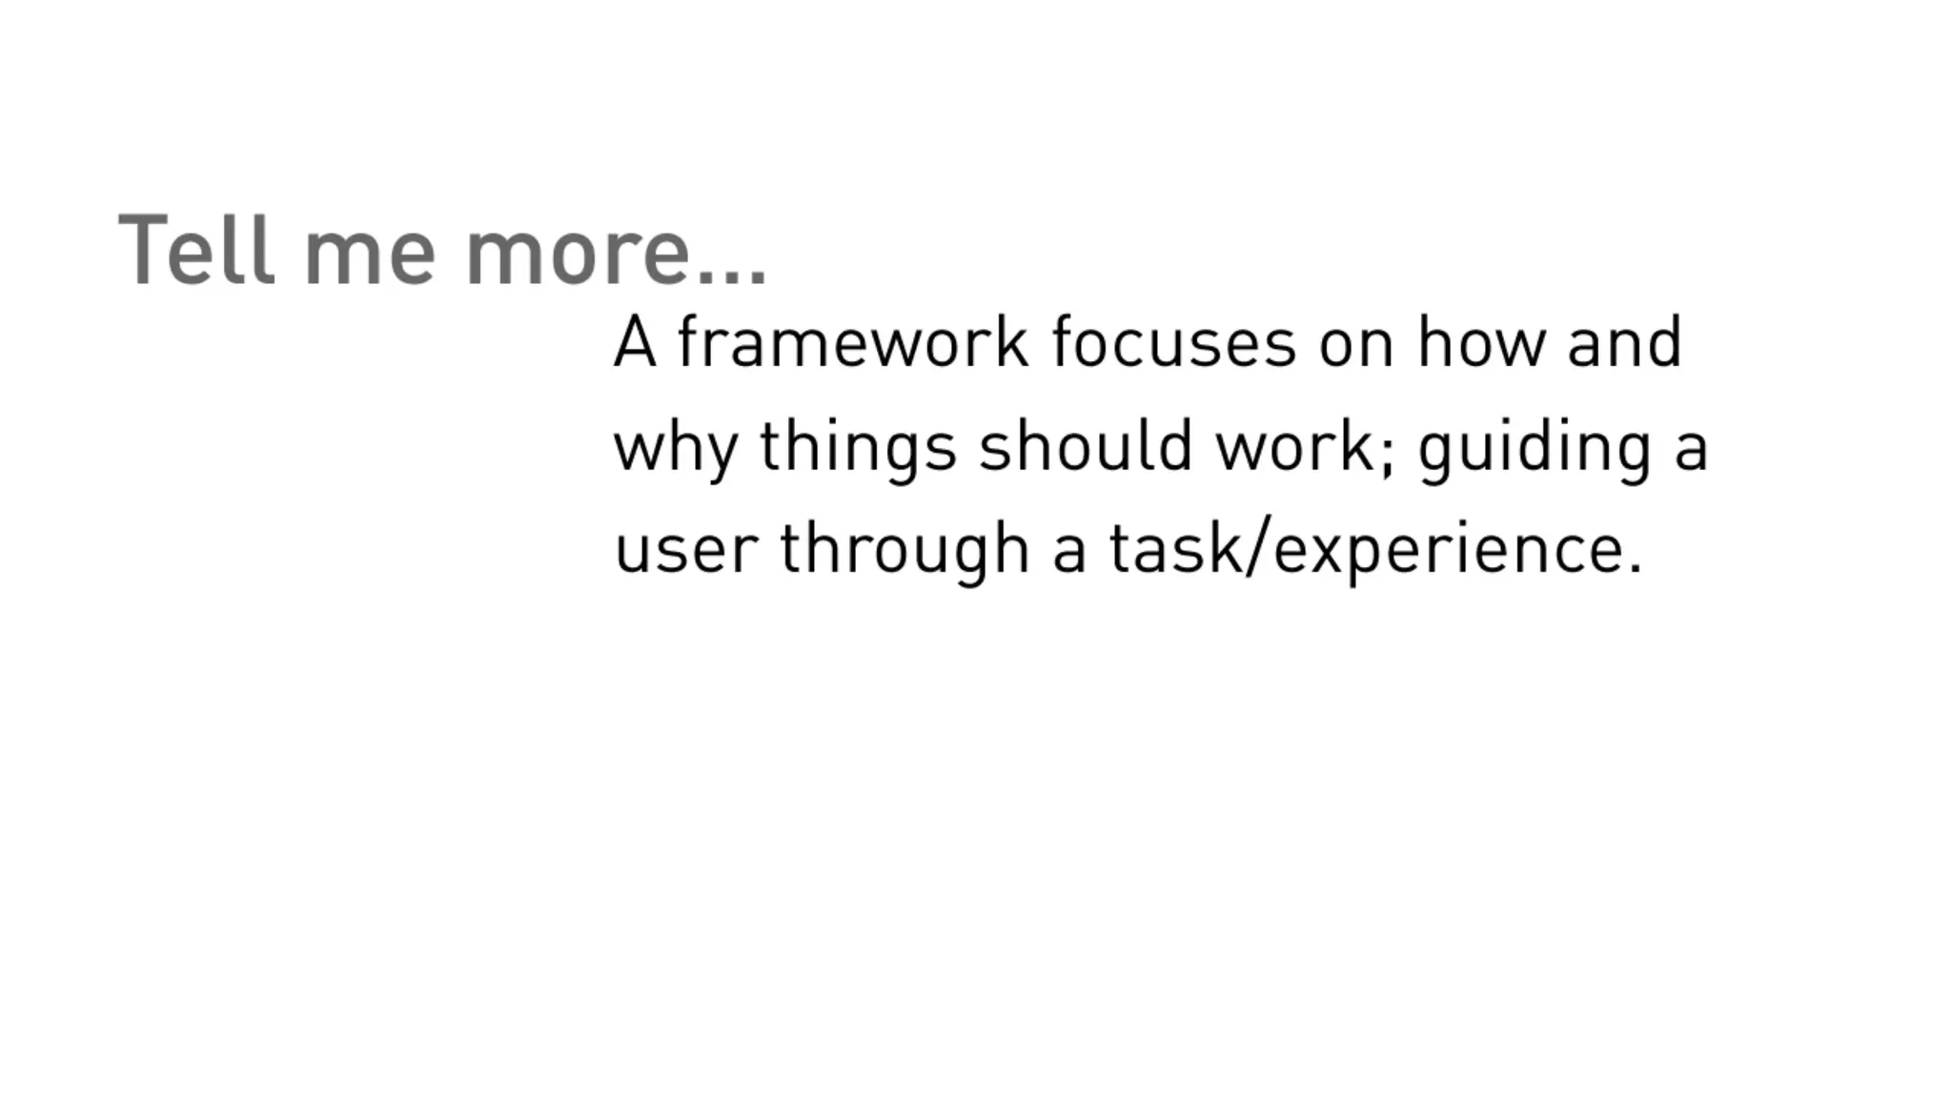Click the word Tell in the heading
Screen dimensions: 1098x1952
[196, 250]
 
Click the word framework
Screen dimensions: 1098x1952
[852, 342]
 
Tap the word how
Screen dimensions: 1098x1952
[1481, 342]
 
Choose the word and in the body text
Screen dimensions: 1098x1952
[1625, 342]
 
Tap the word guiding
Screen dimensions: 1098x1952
[1535, 448]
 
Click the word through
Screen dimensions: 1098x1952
[905, 551]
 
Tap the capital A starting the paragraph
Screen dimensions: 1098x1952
[635, 342]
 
